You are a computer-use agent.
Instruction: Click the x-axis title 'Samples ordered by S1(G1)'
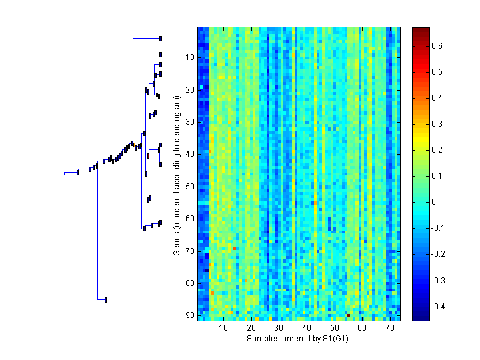click(297, 339)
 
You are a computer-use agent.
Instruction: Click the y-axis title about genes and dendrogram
click(177, 175)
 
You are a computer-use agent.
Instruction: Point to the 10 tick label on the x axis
click(223, 328)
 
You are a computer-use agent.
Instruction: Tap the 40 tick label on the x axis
click(306, 328)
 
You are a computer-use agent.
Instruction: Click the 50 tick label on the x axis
click(334, 328)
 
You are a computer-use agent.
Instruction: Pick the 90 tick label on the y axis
click(189, 315)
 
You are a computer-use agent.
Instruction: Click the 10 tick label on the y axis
click(189, 57)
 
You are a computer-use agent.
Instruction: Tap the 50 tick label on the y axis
click(189, 187)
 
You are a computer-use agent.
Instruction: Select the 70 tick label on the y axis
click(189, 251)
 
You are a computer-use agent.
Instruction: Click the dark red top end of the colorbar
click(421, 29)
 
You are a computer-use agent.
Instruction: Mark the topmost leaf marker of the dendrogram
click(161, 39)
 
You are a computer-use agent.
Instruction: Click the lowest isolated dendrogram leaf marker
click(105, 300)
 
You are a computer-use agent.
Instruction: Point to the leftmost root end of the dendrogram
click(65, 173)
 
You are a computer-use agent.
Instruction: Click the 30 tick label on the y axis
click(189, 122)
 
